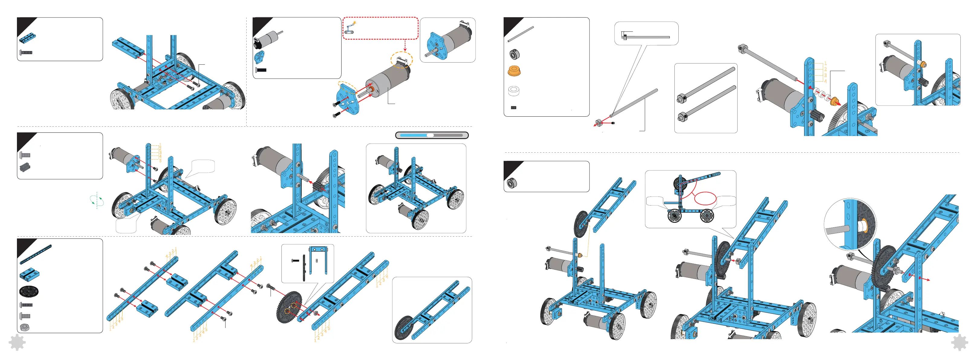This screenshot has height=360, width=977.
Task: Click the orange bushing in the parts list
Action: (514, 71)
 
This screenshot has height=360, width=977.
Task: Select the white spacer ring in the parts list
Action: (514, 91)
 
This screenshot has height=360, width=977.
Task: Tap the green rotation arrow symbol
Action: (97, 200)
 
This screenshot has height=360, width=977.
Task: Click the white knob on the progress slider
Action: (430, 135)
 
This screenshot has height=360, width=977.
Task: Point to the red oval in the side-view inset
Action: (705, 198)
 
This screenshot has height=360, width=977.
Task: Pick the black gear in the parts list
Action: (29, 291)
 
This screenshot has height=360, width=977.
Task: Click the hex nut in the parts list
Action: (25, 327)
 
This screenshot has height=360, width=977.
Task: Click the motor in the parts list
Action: (267, 39)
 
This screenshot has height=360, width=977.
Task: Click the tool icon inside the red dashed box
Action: (350, 28)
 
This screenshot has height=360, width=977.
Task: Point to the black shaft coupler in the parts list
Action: (25, 167)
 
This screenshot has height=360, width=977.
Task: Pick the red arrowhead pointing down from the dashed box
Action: (405, 49)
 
